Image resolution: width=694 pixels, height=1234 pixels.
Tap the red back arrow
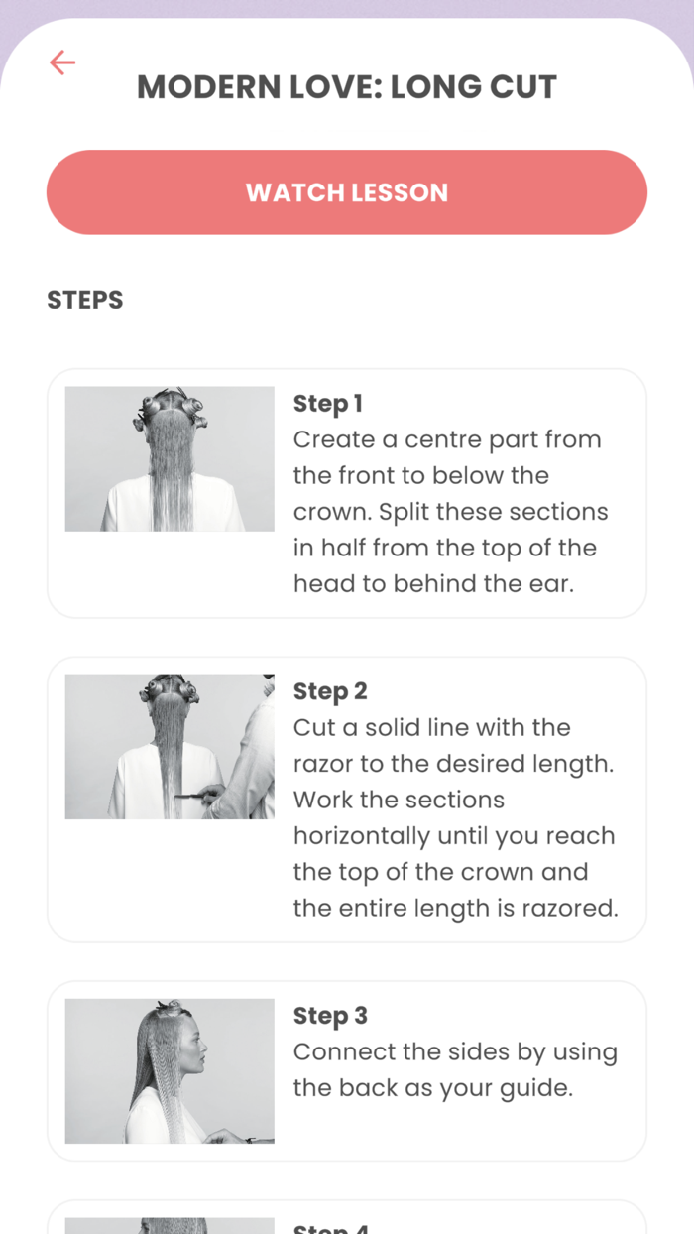62,63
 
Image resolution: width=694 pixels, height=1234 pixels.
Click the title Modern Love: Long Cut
347,87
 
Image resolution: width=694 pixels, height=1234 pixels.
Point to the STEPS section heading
85,300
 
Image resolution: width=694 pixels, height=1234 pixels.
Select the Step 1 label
328,404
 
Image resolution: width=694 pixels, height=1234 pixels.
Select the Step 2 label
330,691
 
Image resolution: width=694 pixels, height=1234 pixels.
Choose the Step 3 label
330,1016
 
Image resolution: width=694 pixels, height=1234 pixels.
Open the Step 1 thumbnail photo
170,458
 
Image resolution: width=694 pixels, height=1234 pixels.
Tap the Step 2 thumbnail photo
170,746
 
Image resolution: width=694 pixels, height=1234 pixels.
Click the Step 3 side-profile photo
170,1070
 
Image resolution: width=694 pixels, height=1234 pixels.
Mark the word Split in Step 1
403,512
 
